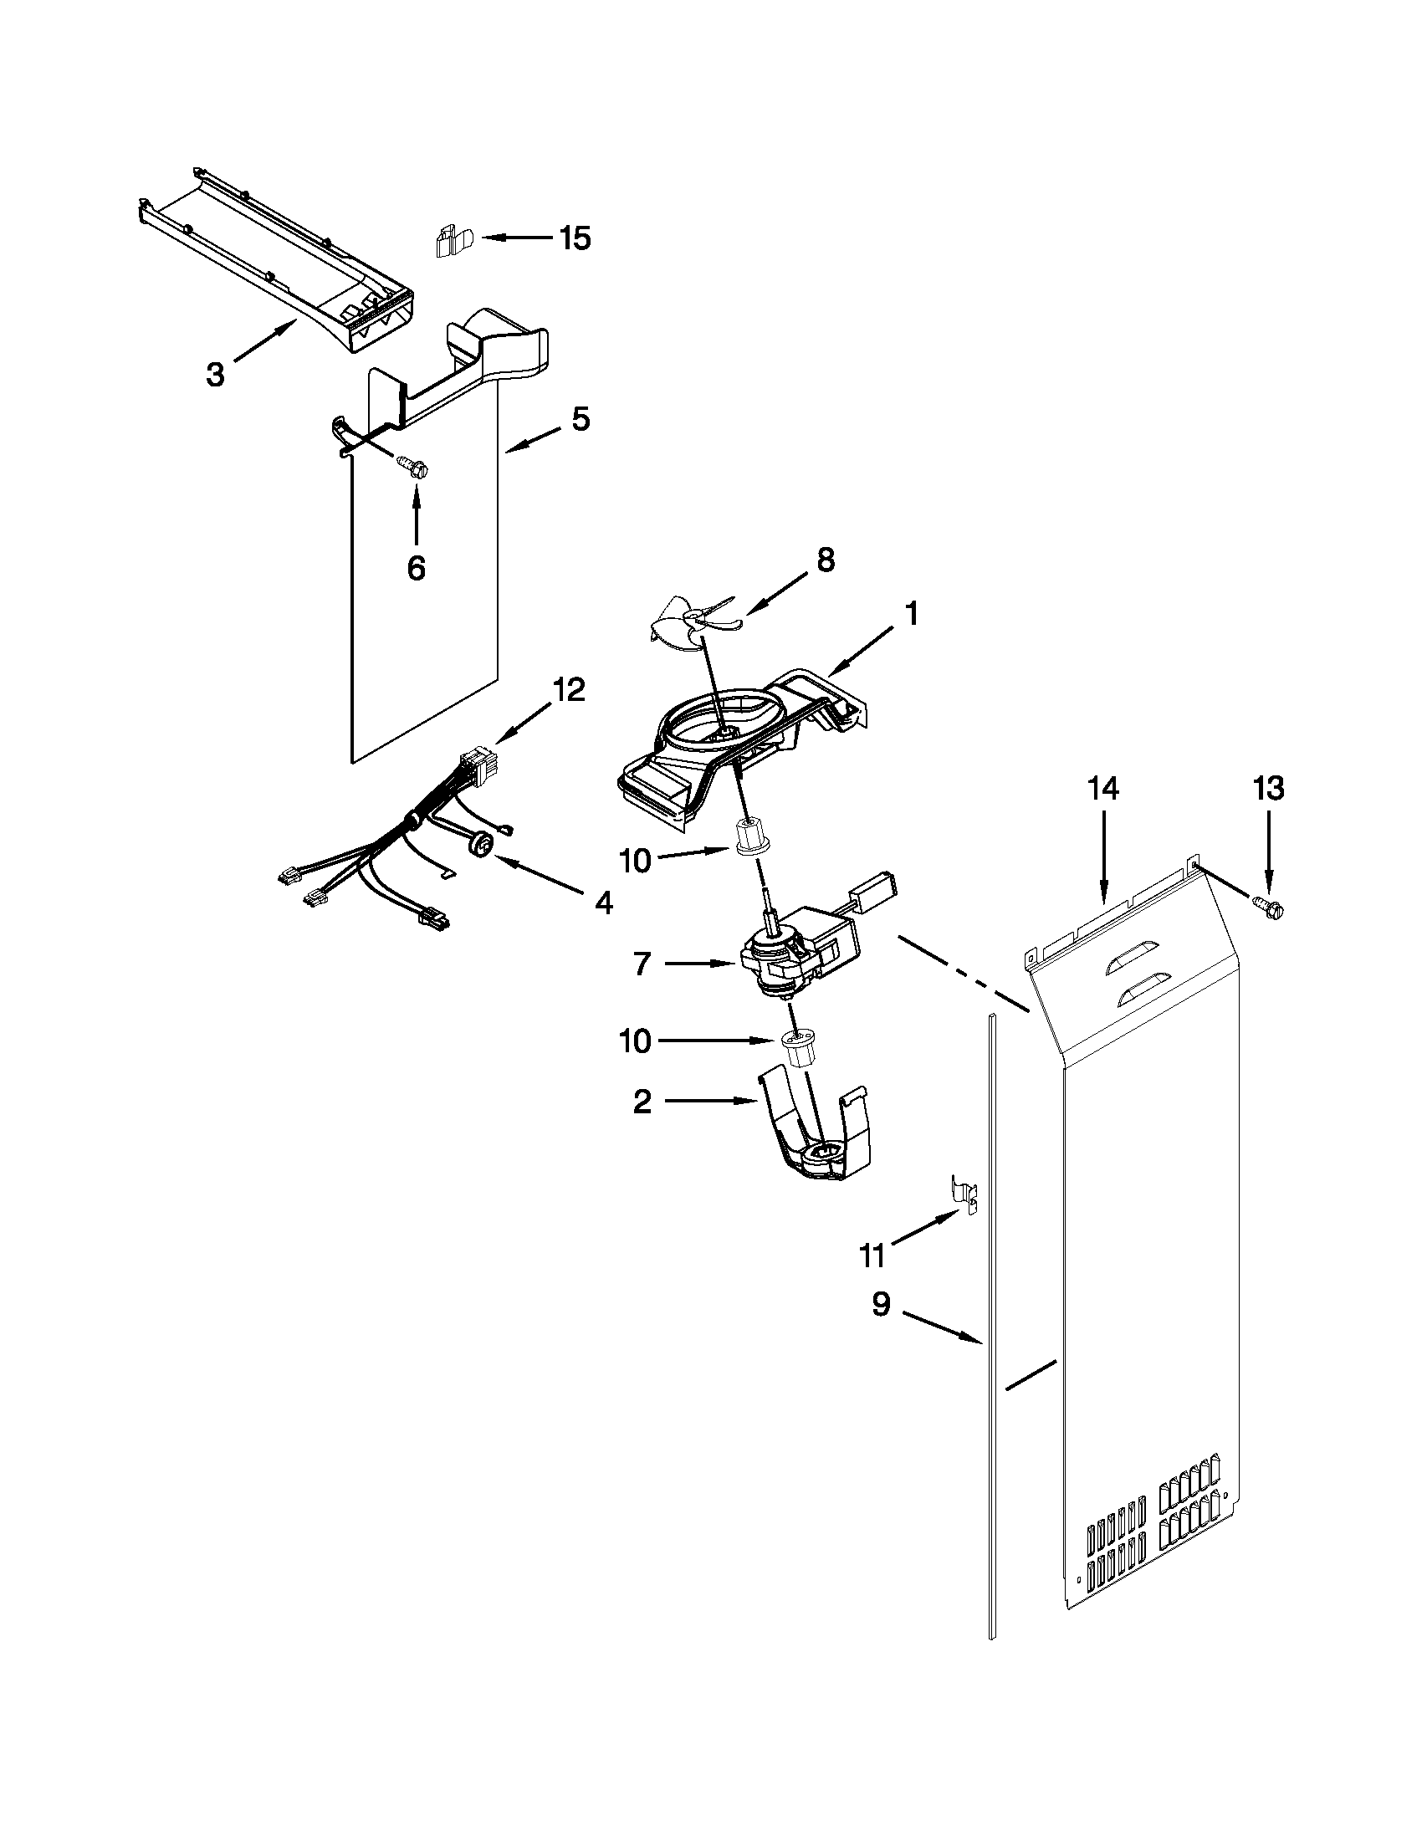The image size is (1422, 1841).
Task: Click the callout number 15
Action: tap(575, 239)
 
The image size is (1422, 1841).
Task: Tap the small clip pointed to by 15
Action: tap(453, 242)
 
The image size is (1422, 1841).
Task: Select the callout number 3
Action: tap(216, 373)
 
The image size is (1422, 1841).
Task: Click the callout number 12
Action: tap(568, 690)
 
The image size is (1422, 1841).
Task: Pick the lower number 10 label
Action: tap(635, 1041)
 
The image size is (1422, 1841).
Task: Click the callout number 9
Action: tap(880, 1304)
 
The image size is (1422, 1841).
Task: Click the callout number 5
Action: tap(581, 419)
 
